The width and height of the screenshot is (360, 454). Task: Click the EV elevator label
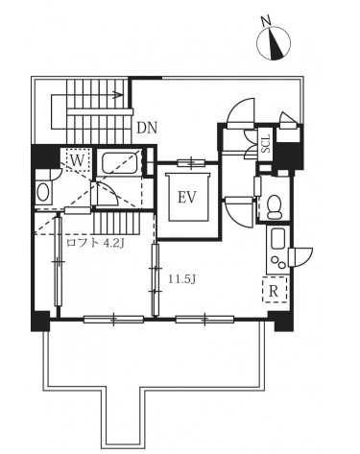point(186,198)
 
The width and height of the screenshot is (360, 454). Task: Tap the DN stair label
point(147,128)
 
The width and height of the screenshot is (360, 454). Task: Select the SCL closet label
point(266,143)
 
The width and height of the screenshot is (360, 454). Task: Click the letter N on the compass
point(266,22)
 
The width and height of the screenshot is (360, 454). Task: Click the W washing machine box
point(76,160)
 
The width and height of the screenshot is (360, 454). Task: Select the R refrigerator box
point(274,290)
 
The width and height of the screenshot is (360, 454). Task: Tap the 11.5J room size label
point(182,280)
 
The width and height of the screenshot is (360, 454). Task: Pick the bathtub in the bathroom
point(121,162)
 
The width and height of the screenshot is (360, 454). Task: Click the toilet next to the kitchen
point(274,206)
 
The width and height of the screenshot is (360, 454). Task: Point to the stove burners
point(277,263)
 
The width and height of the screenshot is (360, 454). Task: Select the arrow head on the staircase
point(118,95)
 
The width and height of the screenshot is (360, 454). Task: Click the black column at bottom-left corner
point(40,321)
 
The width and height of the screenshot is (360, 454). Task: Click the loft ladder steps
point(116,225)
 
